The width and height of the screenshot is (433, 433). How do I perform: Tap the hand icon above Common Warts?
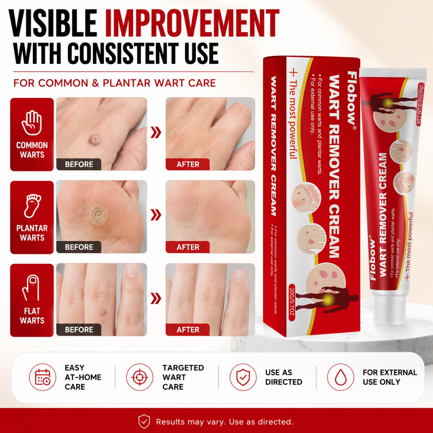tap(32, 123)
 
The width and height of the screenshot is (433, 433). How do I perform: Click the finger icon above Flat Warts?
tap(31, 288)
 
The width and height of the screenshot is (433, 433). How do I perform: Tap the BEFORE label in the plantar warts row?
tap(79, 247)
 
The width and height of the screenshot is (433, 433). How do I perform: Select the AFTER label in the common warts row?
tap(188, 164)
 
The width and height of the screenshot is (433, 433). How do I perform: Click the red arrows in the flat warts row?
tap(156, 298)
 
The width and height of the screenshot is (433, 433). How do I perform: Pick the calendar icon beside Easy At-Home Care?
tap(43, 377)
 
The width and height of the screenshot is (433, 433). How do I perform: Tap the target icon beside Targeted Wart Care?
tap(140, 377)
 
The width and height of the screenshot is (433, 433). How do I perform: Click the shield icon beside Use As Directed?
tap(243, 377)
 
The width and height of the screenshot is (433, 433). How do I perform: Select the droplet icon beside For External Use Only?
tap(341, 377)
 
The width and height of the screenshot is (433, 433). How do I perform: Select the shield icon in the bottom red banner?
tap(144, 421)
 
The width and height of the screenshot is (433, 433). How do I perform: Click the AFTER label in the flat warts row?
tap(188, 330)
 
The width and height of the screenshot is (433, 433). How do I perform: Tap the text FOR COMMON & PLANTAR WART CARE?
tap(114, 83)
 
